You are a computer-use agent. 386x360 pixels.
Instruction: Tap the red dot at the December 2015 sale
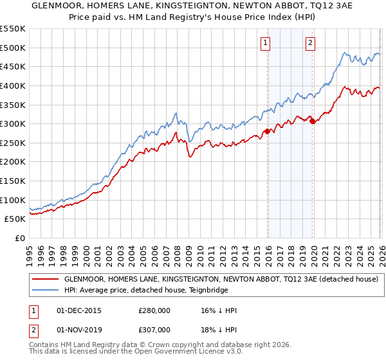[x=267, y=131]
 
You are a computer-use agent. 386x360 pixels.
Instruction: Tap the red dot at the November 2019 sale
[x=312, y=121]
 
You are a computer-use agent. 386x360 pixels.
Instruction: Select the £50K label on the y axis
[x=15, y=219]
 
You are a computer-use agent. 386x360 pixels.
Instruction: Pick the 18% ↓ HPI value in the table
[x=219, y=329]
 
